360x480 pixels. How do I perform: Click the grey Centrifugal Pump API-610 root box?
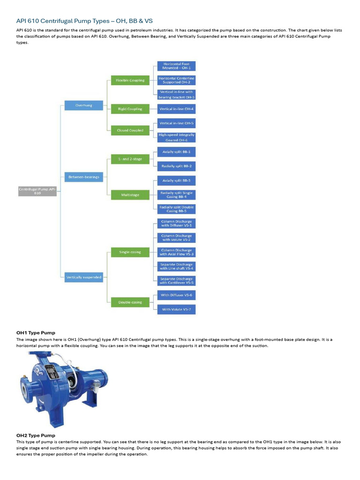(x=37, y=191)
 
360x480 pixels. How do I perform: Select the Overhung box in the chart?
(x=83, y=105)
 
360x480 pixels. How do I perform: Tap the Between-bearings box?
(x=83, y=177)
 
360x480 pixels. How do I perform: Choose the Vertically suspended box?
(x=83, y=277)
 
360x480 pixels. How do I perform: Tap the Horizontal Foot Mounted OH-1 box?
(x=176, y=66)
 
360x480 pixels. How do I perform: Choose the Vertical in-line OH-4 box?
(x=176, y=109)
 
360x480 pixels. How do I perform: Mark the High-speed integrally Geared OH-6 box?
(x=176, y=137)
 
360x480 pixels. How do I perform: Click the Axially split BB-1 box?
(x=176, y=152)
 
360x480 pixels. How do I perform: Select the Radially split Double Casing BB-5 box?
(x=176, y=209)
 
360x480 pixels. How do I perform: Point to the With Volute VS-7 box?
(x=176, y=309)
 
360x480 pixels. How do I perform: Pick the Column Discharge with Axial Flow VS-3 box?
(x=176, y=252)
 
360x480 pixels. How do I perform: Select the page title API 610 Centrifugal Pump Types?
(x=84, y=21)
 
